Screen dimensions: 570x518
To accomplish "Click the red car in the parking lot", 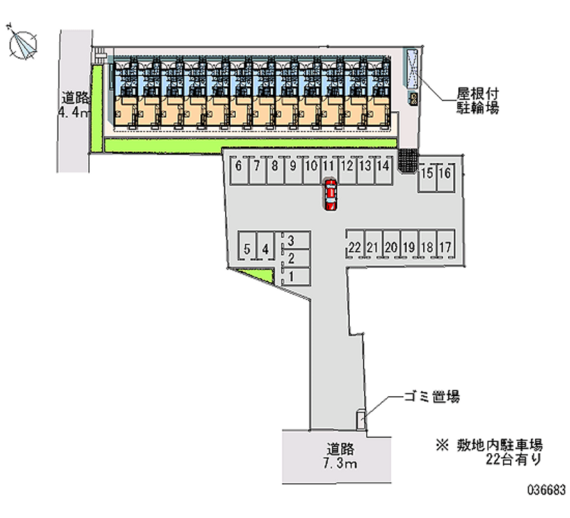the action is [x=331, y=195].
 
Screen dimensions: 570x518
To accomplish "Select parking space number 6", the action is [x=239, y=170].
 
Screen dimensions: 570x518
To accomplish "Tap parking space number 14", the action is [x=383, y=170].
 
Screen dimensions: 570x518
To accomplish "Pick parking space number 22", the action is [x=355, y=244].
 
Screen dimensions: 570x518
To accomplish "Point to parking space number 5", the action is [x=247, y=246].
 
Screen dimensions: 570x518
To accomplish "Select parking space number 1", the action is [x=296, y=277].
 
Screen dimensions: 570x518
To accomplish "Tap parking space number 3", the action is [x=296, y=240].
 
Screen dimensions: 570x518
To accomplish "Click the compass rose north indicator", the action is [x=23, y=45].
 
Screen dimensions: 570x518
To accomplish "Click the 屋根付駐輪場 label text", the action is [x=477, y=101].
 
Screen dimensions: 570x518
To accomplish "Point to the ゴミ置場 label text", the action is [x=432, y=396].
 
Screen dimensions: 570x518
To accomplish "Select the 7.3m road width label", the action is [x=340, y=463].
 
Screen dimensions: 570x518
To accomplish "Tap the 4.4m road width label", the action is [x=74, y=113].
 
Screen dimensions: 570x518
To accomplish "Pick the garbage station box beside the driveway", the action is [x=361, y=420].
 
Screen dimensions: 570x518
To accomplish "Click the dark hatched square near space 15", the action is [x=408, y=160].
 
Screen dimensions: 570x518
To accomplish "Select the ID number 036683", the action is [x=546, y=490].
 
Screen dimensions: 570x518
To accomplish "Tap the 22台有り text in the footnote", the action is [x=514, y=460].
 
